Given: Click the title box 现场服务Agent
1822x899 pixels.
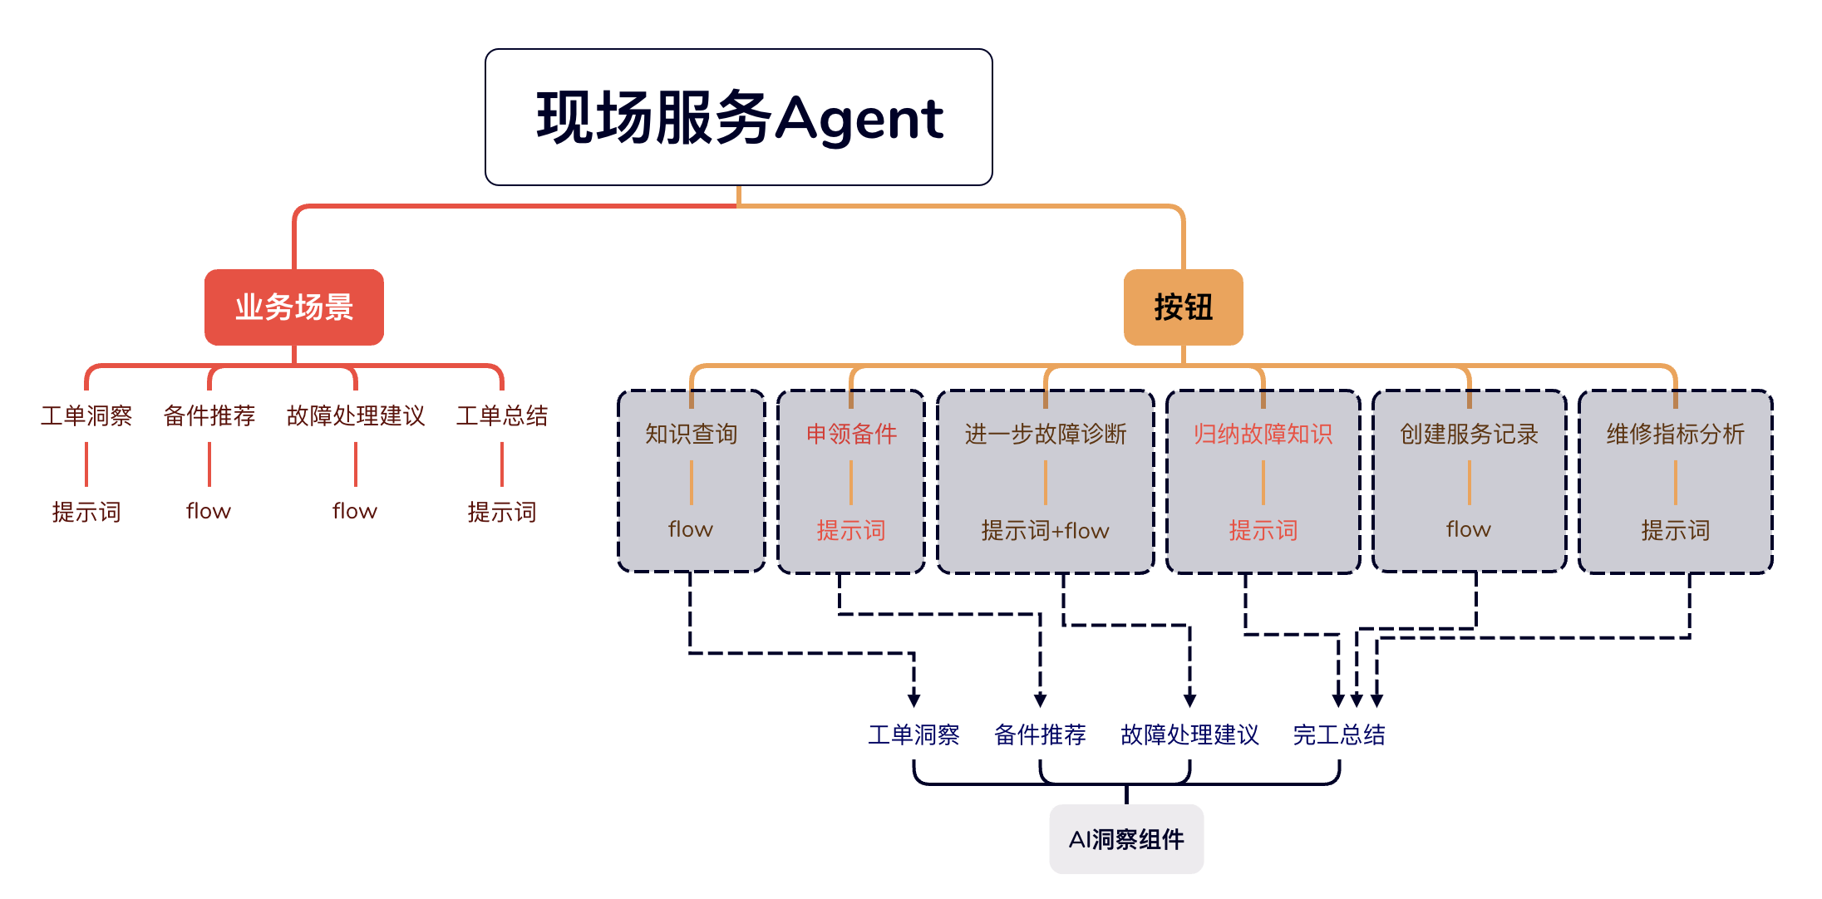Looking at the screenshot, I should pyautogui.click(x=738, y=117).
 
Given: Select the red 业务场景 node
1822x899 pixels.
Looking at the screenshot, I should pyautogui.click(x=294, y=307).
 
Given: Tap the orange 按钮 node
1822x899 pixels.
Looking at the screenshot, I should pyautogui.click(x=1183, y=307).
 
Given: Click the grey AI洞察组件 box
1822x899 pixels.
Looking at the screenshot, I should pyautogui.click(x=1126, y=839).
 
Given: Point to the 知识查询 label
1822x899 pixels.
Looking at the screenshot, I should pyautogui.click(x=692, y=434).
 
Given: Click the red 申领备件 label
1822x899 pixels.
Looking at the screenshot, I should pyautogui.click(x=851, y=434).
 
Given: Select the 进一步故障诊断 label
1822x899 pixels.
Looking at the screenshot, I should pyautogui.click(x=1046, y=434).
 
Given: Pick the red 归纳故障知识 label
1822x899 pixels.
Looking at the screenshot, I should pyautogui.click(x=1263, y=434).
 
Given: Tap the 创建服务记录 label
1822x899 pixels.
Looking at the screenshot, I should pyautogui.click(x=1469, y=434).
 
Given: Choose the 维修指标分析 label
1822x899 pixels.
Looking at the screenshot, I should pyautogui.click(x=1675, y=434).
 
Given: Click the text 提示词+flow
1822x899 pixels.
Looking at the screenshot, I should pyautogui.click(x=1046, y=530).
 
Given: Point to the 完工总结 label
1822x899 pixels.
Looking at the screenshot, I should pyautogui.click(x=1339, y=734).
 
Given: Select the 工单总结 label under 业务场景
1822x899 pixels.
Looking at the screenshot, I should pyautogui.click(x=502, y=415).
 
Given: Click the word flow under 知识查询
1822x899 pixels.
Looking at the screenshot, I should pyautogui.click(x=691, y=529).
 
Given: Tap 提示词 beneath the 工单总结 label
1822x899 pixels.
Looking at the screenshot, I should pyautogui.click(x=502, y=512).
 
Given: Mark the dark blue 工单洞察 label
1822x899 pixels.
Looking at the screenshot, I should pyautogui.click(x=913, y=734).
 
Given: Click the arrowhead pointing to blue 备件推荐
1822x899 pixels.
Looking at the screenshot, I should pyautogui.click(x=1040, y=700).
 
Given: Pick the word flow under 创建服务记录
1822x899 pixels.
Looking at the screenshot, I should pyautogui.click(x=1469, y=529).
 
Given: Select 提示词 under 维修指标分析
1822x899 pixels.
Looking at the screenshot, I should pyautogui.click(x=1675, y=530).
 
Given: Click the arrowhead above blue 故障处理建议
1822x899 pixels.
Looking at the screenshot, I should pyautogui.click(x=1189, y=700).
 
